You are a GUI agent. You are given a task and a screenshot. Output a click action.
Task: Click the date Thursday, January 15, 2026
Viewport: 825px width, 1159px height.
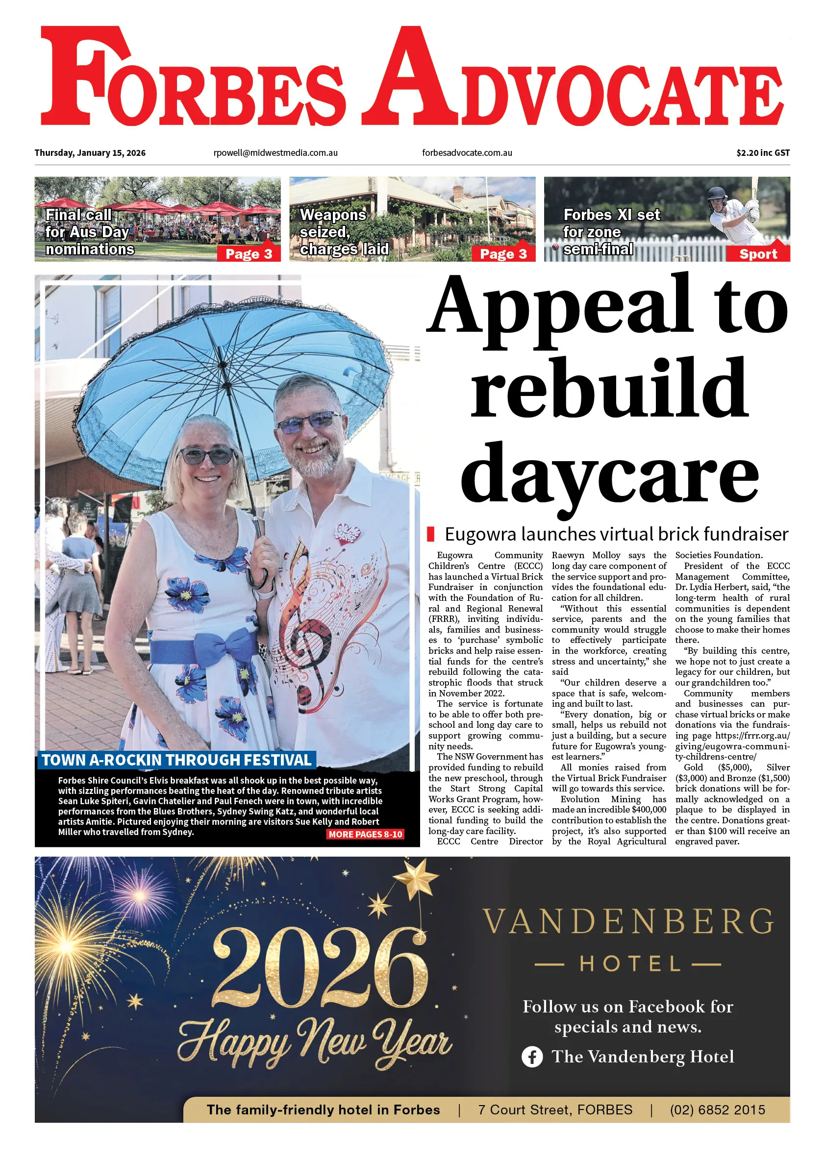[90, 153]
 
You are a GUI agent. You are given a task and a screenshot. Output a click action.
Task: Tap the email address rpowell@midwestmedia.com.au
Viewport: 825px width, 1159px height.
[275, 153]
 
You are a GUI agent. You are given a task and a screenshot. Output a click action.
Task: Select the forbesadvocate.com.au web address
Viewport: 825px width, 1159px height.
[467, 153]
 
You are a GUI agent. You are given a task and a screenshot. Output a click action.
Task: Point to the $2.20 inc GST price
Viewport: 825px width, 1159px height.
[763, 153]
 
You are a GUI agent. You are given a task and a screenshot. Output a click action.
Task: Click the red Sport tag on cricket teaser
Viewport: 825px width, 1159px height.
[757, 254]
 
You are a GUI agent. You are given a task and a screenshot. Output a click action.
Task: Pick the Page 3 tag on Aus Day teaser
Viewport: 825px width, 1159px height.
[249, 254]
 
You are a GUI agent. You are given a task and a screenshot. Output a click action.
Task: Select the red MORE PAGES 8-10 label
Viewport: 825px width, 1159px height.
[365, 835]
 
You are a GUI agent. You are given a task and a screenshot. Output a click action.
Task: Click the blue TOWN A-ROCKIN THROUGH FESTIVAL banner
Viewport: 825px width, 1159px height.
[176, 760]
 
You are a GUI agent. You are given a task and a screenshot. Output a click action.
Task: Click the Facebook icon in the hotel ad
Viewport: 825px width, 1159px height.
[532, 1057]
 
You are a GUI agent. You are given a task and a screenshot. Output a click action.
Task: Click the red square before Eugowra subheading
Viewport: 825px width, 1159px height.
[431, 534]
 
